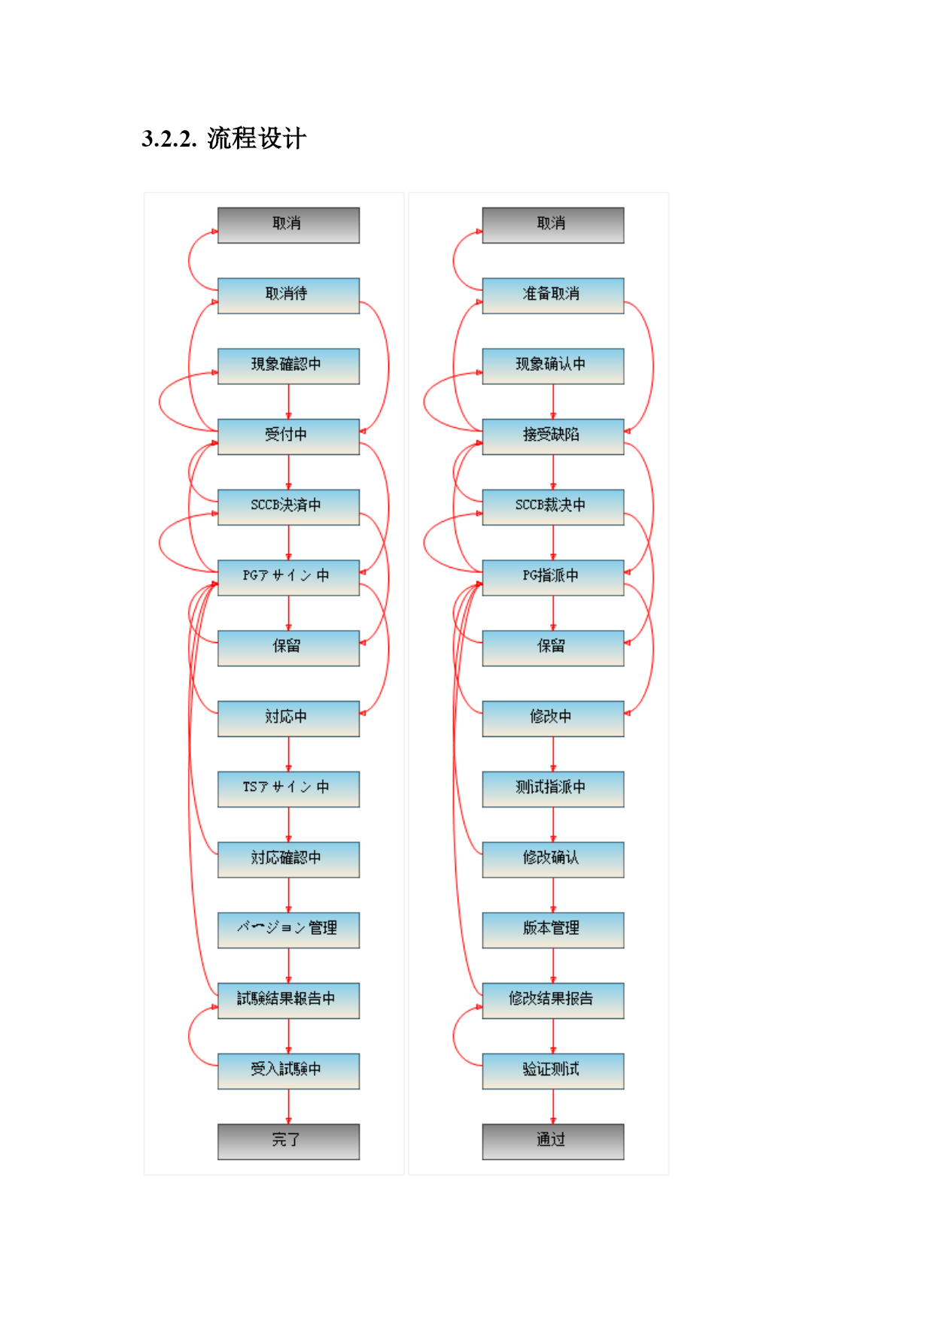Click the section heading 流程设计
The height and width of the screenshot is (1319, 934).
click(x=257, y=138)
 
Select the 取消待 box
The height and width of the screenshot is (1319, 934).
click(x=288, y=296)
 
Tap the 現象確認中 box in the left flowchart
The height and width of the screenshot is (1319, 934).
click(x=288, y=366)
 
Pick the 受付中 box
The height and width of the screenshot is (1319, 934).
click(x=288, y=437)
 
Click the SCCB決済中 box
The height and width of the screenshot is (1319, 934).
click(x=288, y=507)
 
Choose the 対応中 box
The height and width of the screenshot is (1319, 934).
click(x=288, y=719)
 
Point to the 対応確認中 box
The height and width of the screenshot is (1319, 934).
click(x=288, y=860)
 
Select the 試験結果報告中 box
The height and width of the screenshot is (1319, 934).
click(x=288, y=1001)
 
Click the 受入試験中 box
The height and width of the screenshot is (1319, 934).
click(x=288, y=1071)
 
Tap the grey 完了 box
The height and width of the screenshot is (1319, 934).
click(x=288, y=1142)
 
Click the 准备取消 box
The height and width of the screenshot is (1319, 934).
click(x=553, y=296)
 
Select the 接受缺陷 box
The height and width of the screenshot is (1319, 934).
click(x=553, y=437)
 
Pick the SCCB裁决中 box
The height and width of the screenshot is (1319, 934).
click(x=553, y=507)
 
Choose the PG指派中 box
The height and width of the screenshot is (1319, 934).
click(x=553, y=578)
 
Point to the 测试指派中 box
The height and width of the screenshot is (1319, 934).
click(x=553, y=789)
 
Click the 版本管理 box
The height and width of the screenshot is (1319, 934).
click(x=553, y=930)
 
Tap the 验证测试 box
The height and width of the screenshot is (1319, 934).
click(x=553, y=1071)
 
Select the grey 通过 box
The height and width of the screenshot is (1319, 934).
click(x=553, y=1142)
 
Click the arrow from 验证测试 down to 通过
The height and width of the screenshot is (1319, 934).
click(x=553, y=1107)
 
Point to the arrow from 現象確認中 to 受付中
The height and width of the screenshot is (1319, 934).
click(x=288, y=402)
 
